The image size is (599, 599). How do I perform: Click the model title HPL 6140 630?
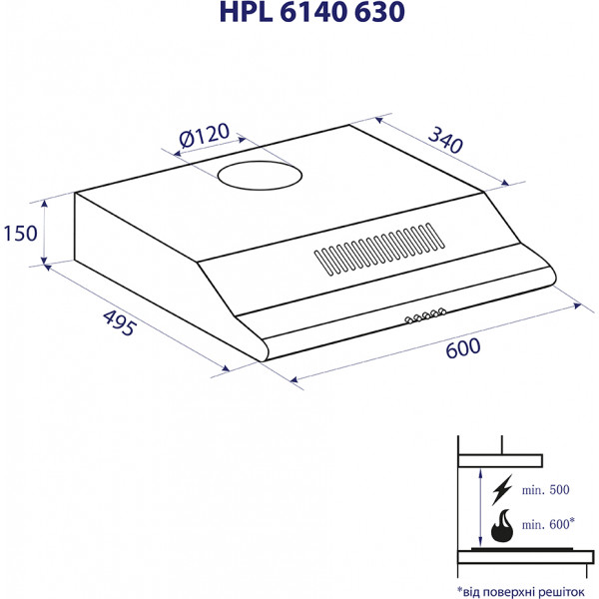pyautogui.click(x=312, y=12)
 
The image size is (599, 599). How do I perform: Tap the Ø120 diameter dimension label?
pyautogui.click(x=205, y=135)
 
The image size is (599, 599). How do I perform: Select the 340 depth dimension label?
pyautogui.click(x=445, y=140)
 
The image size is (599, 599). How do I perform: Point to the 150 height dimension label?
pyautogui.click(x=20, y=233)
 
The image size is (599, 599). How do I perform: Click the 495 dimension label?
pyautogui.click(x=120, y=322)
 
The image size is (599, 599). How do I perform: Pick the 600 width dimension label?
pyautogui.click(x=463, y=348)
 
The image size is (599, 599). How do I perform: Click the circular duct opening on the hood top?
pyautogui.click(x=260, y=176)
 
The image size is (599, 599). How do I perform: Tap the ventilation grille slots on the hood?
pyautogui.click(x=379, y=249)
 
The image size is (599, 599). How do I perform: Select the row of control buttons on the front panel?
pyautogui.click(x=425, y=315)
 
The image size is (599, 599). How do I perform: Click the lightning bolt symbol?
pyautogui.click(x=501, y=490)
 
